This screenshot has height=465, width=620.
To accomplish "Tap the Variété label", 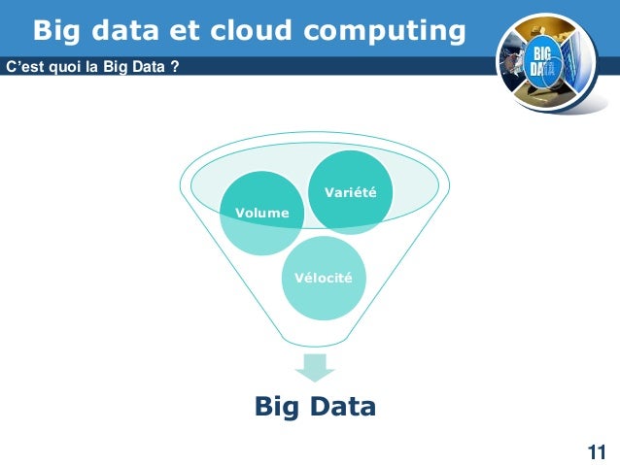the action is (x=350, y=193).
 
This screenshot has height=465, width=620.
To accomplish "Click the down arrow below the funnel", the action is (x=315, y=367).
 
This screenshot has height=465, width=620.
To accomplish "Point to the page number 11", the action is (x=596, y=451).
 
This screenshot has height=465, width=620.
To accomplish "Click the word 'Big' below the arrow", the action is (x=275, y=406).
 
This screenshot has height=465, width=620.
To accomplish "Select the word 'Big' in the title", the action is (x=55, y=31).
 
